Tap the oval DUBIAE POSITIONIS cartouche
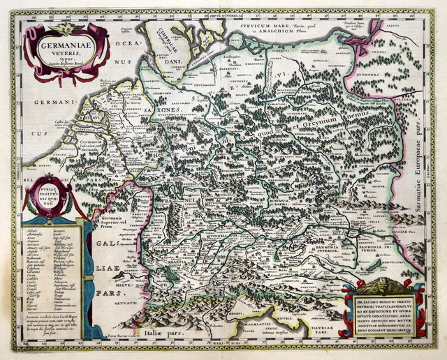tap(50, 196)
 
